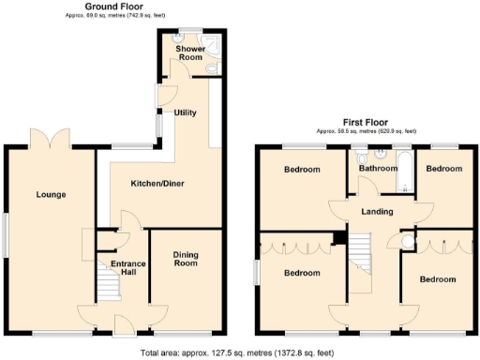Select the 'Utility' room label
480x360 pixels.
(x=185, y=112)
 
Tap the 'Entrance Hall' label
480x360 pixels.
(x=129, y=267)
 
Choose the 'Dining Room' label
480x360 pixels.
(x=187, y=260)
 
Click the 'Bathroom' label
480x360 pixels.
(x=378, y=169)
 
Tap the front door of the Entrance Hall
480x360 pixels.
(x=122, y=325)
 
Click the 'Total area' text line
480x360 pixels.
(x=238, y=352)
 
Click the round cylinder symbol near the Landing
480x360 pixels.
(x=406, y=242)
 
